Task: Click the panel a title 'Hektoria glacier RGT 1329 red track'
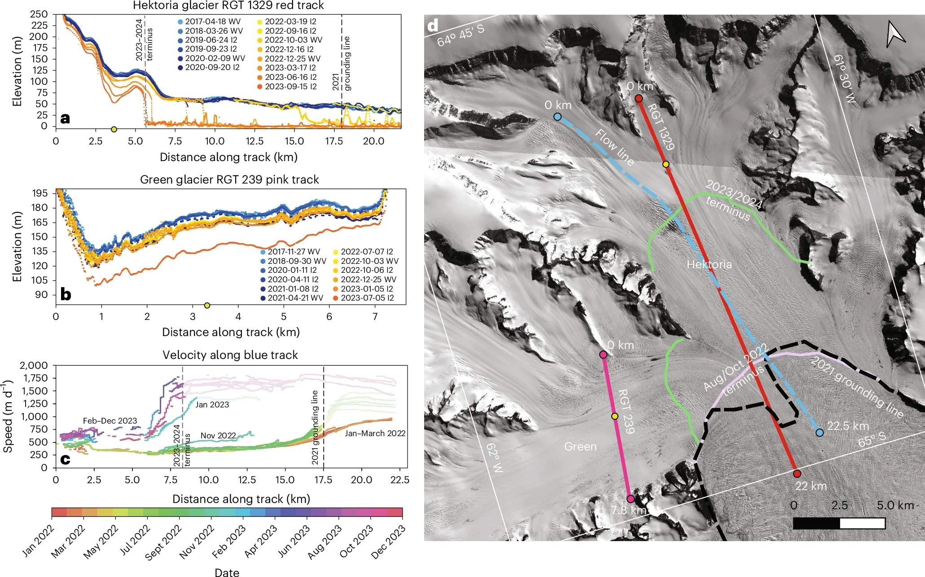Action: click(228, 5)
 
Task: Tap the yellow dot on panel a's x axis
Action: click(114, 129)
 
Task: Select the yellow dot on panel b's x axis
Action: click(207, 306)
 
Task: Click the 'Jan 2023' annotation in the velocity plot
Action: click(212, 405)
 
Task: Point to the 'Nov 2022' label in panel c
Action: click(218, 436)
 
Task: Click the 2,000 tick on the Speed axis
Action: click(33, 365)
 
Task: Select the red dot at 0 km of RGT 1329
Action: click(639, 98)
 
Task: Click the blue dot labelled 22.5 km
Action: click(820, 433)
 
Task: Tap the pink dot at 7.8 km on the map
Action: click(630, 498)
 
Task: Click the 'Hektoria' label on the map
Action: click(709, 265)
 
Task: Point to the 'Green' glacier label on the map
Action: click(580, 446)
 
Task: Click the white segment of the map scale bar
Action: click(862, 523)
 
